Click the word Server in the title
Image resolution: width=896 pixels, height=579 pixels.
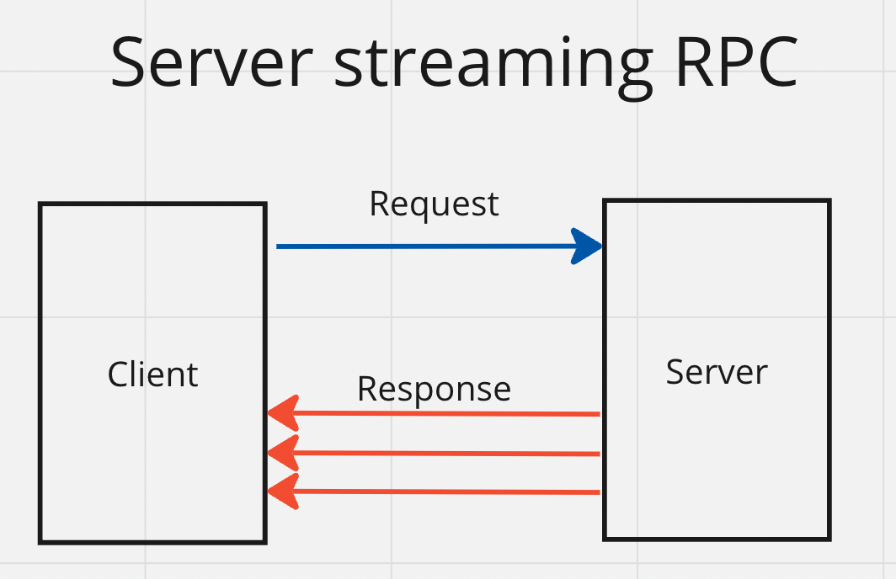point(211,61)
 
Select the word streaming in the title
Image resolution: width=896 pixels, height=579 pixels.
point(493,67)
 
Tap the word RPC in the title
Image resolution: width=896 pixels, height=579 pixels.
point(737,61)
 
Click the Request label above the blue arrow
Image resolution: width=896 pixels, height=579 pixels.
point(435,205)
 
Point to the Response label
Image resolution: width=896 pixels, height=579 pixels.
point(435,390)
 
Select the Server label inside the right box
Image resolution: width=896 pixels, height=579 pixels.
point(717,372)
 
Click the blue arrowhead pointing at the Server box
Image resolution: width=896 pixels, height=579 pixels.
point(587,246)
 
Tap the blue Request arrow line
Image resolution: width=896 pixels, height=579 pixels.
point(439,246)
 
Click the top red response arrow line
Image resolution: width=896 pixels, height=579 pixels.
point(433,413)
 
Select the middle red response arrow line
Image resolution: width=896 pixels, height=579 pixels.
point(433,454)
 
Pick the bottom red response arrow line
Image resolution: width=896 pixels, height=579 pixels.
point(433,491)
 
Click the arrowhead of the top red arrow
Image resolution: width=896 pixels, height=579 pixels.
point(284,412)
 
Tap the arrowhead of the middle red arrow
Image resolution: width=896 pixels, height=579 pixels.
point(284,453)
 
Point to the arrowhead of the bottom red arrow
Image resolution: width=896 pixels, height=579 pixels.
point(284,491)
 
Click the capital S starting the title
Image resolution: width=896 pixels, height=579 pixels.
point(126,61)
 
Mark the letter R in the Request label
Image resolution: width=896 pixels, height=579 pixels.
point(380,204)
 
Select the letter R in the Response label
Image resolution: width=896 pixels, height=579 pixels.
point(368,389)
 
